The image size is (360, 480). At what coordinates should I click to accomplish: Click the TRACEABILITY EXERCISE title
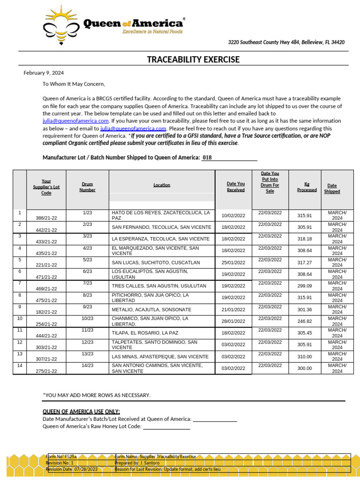[193, 60]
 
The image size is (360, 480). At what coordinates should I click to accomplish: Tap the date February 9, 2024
[44, 73]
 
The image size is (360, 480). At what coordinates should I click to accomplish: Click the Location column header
[162, 185]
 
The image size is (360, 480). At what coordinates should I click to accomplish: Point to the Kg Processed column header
[307, 187]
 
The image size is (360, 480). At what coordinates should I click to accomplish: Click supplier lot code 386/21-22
[46, 218]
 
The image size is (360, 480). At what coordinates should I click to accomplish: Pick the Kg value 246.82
[304, 321]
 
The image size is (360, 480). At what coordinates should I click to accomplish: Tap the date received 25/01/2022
[233, 262]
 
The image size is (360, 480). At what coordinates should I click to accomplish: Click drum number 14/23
[87, 365]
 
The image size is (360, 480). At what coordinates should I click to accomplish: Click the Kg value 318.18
[304, 239]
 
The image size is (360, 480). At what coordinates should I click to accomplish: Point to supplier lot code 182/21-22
[46, 312]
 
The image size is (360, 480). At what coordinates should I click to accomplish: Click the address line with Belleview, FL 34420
[286, 43]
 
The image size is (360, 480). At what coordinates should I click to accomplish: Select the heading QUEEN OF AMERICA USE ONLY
[81, 412]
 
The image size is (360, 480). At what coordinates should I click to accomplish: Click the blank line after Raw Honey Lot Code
[166, 427]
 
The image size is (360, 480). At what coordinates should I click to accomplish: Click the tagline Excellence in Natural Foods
[152, 32]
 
